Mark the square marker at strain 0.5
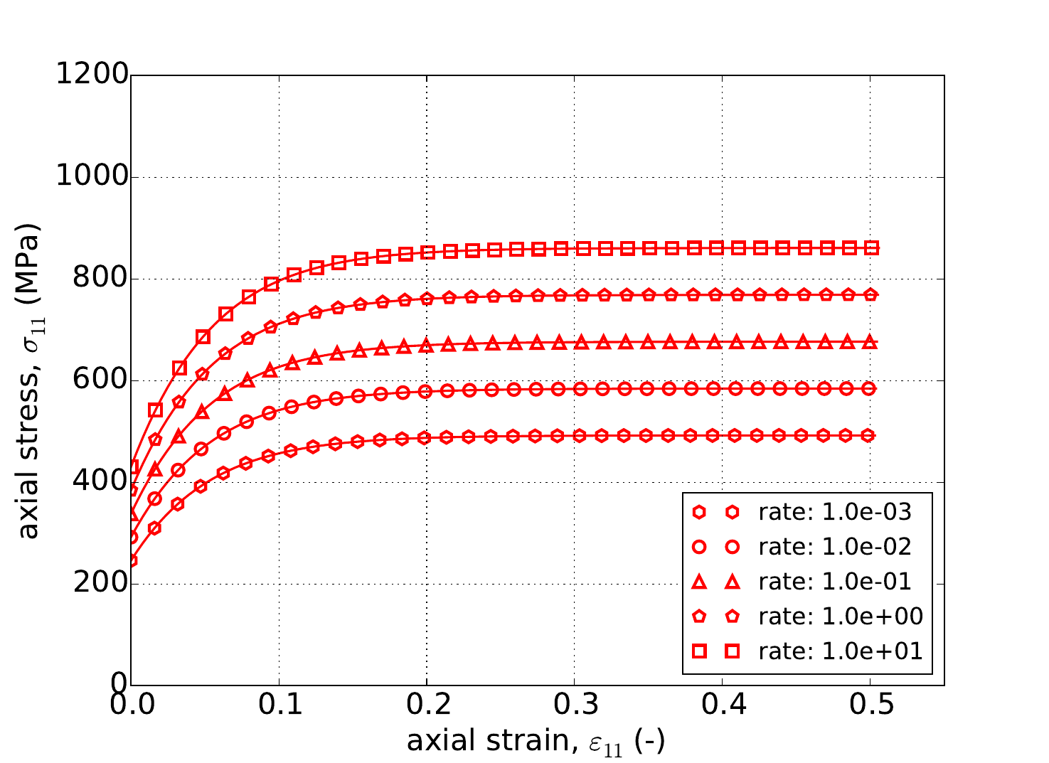(x=870, y=247)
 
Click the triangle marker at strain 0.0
(x=132, y=513)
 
